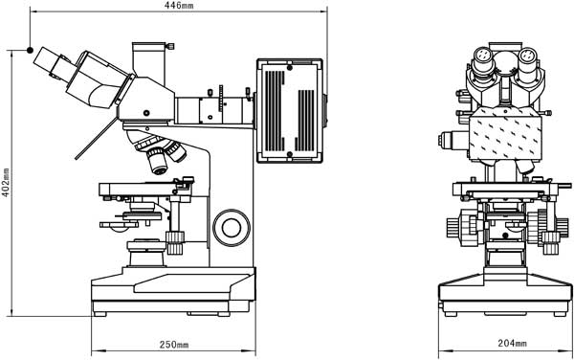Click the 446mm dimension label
pyautogui.click(x=179, y=5)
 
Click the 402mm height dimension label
pyautogui.click(x=6, y=183)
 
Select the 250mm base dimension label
pyautogui.click(x=174, y=345)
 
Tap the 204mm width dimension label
pyautogui.click(x=512, y=343)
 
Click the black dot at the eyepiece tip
pyautogui.click(x=30, y=50)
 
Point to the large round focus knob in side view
pyautogui.click(x=232, y=228)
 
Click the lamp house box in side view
pyautogui.click(x=290, y=111)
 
